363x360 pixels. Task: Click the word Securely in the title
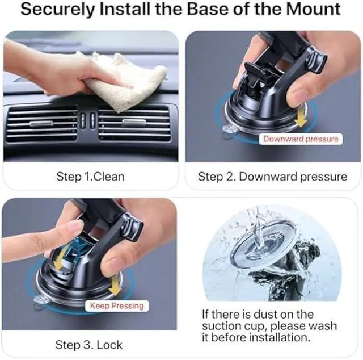[67, 10]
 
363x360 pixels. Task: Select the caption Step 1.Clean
[90, 177]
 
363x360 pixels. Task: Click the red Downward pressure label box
[300, 139]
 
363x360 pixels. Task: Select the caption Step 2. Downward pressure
[272, 177]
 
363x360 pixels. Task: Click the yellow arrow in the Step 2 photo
[301, 116]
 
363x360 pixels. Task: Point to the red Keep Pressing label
[117, 306]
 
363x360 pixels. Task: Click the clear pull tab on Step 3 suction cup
[41, 301]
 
